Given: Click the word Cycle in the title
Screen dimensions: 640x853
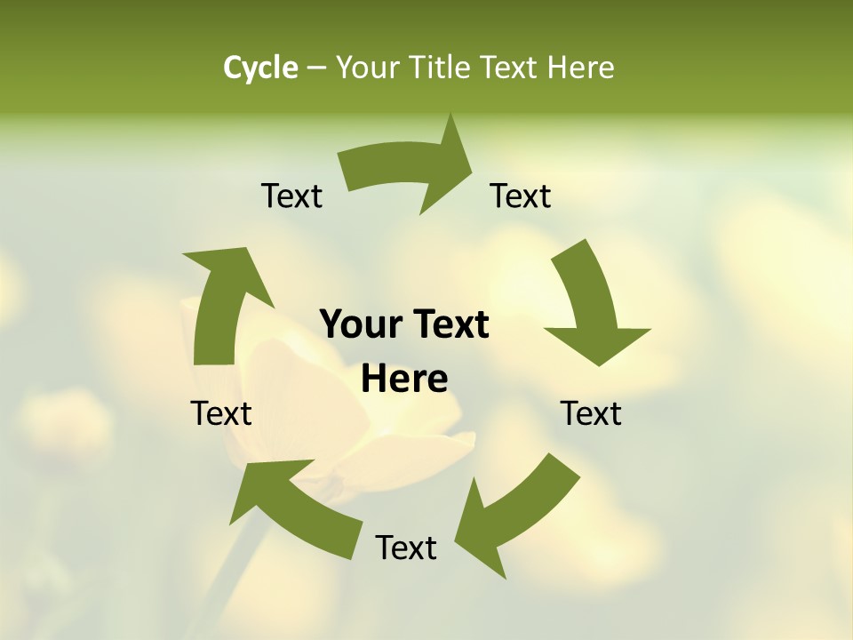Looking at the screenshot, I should click(x=260, y=68).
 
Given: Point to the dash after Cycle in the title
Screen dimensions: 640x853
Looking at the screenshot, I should click(x=316, y=68).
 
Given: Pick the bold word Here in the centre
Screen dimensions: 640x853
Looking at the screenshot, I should click(x=404, y=380).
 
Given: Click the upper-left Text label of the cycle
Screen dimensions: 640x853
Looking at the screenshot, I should click(x=291, y=196).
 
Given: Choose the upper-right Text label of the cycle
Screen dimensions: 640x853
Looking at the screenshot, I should click(x=521, y=196).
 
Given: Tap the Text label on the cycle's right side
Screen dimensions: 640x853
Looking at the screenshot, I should click(x=591, y=413).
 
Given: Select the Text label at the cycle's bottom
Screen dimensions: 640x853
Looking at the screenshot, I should click(x=406, y=548).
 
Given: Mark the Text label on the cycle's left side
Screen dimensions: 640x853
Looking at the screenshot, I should click(x=221, y=413).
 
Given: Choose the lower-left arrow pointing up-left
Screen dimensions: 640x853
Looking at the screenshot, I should click(x=293, y=507).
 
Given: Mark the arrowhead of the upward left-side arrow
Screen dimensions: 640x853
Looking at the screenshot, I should click(x=227, y=267).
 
